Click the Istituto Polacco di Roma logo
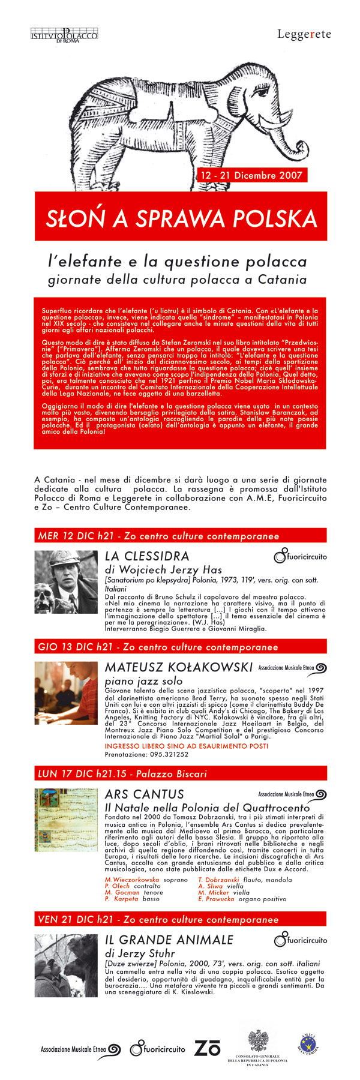64,35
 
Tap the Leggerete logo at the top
304,35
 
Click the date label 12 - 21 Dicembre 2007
251,175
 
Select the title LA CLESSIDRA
147,556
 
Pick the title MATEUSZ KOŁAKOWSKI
178,667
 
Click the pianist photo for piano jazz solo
65,692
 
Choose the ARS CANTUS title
144,794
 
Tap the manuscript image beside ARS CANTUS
65,820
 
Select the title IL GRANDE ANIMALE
169,940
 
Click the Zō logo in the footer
207,1048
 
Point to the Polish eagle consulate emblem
258,1039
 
